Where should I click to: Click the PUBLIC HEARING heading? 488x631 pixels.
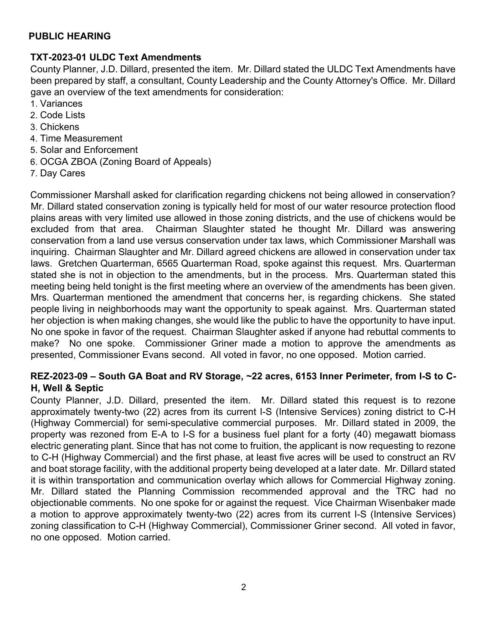pyautogui.click(x=70, y=36)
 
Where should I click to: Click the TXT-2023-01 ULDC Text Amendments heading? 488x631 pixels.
pyautogui.click(x=116, y=57)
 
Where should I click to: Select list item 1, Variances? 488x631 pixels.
pyautogui.click(x=60, y=104)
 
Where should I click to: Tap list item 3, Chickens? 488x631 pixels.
pyautogui.click(x=59, y=127)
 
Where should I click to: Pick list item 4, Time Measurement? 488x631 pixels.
pyautogui.click(x=81, y=138)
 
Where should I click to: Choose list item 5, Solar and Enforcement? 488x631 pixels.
pyautogui.click(x=88, y=150)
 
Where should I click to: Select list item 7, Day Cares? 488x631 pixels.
pyautogui.click(x=62, y=173)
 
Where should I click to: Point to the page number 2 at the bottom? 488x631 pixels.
pyautogui.click(x=244, y=587)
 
